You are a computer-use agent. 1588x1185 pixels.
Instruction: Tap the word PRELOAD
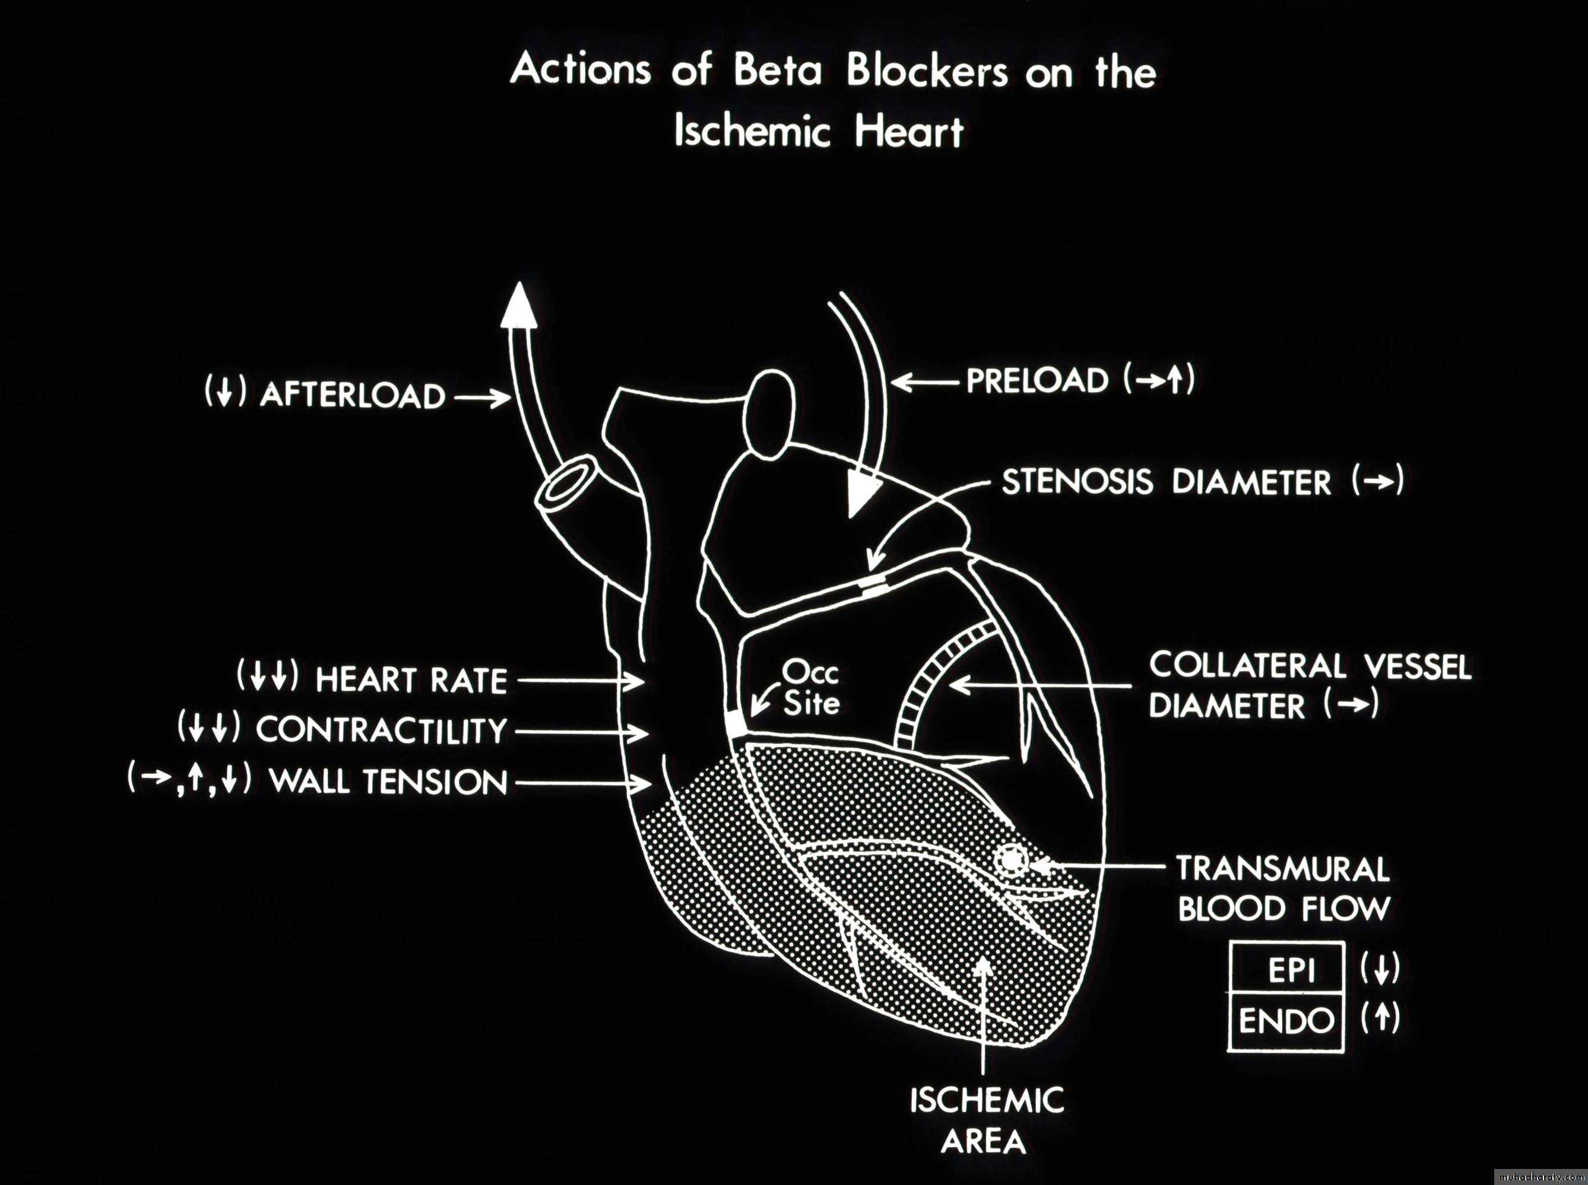(1037, 381)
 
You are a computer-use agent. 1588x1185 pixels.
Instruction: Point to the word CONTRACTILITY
(381, 731)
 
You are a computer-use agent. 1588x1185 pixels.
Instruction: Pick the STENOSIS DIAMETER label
(1167, 482)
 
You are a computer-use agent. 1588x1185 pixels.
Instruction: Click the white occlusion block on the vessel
(736, 724)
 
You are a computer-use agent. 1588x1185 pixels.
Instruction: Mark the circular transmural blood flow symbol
(1010, 859)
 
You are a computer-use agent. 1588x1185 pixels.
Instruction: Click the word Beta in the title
(780, 72)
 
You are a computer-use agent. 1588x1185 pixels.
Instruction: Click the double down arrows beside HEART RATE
(267, 676)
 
